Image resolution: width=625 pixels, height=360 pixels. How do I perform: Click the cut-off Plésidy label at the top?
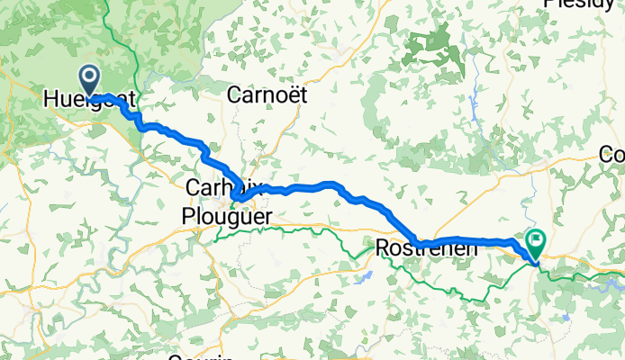point(580,4)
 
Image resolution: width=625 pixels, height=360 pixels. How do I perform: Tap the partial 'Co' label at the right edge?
point(611,155)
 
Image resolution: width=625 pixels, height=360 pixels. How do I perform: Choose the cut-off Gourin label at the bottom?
point(202,356)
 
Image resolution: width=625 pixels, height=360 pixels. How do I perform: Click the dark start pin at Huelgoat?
point(90,78)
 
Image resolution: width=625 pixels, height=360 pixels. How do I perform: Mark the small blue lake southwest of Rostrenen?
point(364,276)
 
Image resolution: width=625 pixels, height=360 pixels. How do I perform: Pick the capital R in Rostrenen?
point(381,247)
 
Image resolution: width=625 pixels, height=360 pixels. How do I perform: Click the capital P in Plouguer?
point(187,216)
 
